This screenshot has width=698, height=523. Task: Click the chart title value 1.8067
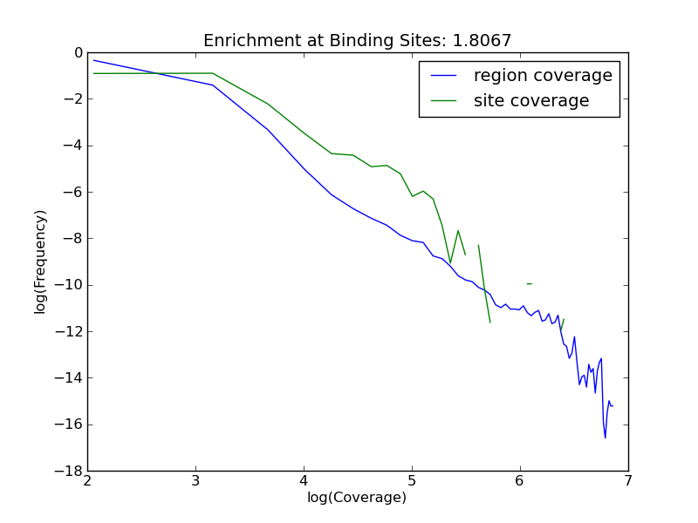pyautogui.click(x=482, y=41)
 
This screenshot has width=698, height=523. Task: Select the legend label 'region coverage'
pyautogui.click(x=543, y=76)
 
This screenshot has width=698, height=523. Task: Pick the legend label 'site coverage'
pyautogui.click(x=531, y=101)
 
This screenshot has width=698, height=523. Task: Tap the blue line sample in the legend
pyautogui.click(x=445, y=77)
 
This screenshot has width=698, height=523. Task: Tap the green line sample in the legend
pyautogui.click(x=445, y=102)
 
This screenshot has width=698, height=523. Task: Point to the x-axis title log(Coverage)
pyautogui.click(x=357, y=498)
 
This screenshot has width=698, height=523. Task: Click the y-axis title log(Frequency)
pyautogui.click(x=40, y=261)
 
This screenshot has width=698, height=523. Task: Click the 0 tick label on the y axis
pyautogui.click(x=78, y=53)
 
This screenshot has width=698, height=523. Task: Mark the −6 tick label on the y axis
pyautogui.click(x=73, y=193)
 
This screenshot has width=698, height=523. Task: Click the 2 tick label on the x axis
pyautogui.click(x=87, y=481)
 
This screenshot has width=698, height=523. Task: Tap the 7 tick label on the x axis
pyautogui.click(x=628, y=481)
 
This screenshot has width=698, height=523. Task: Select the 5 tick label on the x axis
pyautogui.click(x=412, y=481)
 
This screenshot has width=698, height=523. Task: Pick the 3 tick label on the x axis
pyautogui.click(x=195, y=481)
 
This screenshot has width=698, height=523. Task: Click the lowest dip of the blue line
pyautogui.click(x=605, y=437)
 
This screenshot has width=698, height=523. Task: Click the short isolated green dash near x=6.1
pyautogui.click(x=529, y=283)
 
